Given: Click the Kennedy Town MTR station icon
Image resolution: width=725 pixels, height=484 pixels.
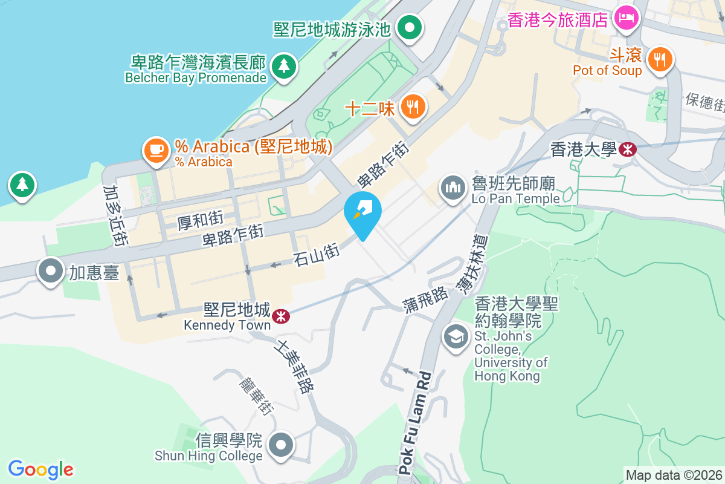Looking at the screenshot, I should pyautogui.click(x=280, y=316).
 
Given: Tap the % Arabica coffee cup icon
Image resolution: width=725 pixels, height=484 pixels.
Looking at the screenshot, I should pyautogui.click(x=156, y=149).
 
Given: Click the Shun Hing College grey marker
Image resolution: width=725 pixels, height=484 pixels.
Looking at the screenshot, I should pyautogui.click(x=280, y=446).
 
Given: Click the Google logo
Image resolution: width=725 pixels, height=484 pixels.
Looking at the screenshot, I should pyautogui.click(x=40, y=469).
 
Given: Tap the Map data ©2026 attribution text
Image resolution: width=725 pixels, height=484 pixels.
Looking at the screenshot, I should pyautogui.click(x=674, y=475).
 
